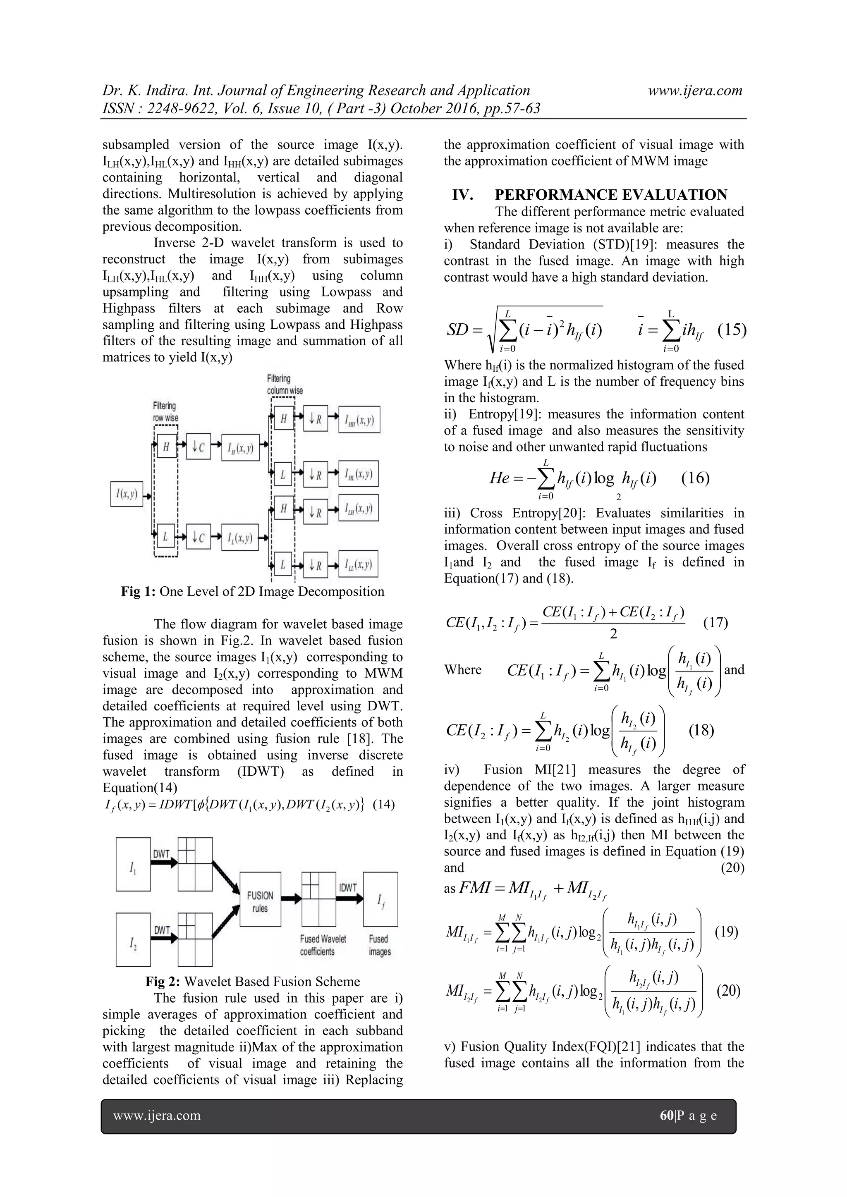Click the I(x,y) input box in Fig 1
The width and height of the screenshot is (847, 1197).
coord(127,494)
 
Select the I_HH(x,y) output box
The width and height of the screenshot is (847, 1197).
coord(359,420)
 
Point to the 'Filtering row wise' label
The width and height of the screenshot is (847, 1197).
coord(165,412)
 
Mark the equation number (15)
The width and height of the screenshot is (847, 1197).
coord(732,330)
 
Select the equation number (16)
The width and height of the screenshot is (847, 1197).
coord(695,478)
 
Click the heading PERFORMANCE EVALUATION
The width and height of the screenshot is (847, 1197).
coord(611,195)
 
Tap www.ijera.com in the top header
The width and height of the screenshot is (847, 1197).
coord(695,91)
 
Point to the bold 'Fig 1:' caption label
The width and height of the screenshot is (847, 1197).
coord(138,591)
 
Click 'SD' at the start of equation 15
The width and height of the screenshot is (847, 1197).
coord(457,330)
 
